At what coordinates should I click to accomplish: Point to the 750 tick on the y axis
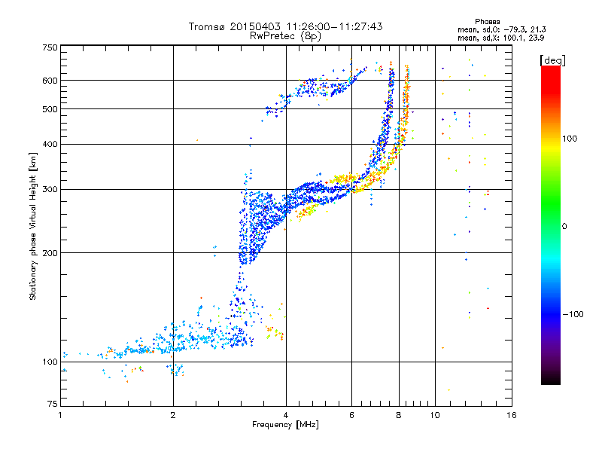(x=50, y=47)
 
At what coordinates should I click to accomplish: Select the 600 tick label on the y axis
(x=50, y=81)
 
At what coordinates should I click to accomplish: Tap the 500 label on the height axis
(x=50, y=109)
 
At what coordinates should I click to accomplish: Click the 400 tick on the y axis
(x=50, y=145)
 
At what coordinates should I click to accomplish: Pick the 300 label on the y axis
(x=50, y=190)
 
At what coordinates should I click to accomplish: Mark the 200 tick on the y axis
(x=50, y=253)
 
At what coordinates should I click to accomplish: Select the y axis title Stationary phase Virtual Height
(x=33, y=227)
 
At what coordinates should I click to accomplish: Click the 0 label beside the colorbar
(x=565, y=227)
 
